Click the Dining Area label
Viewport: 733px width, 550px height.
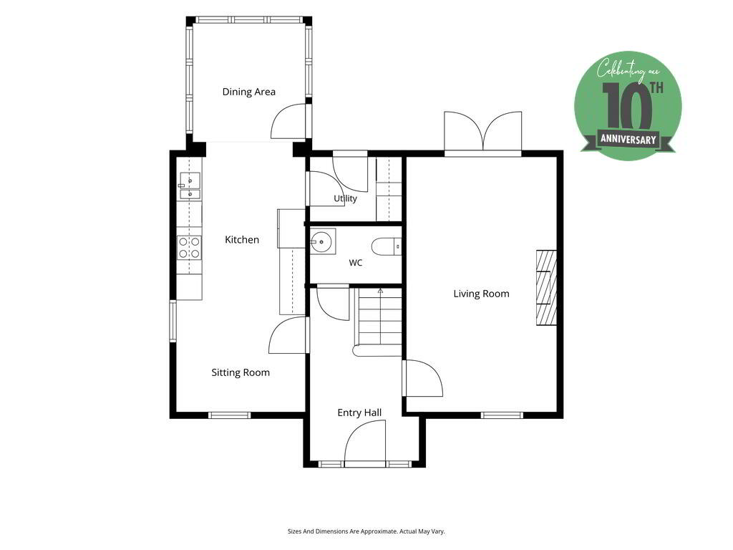[x=248, y=92]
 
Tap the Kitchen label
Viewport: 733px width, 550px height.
[x=242, y=239]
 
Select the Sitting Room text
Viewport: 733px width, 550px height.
[x=241, y=372]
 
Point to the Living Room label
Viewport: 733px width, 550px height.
[x=481, y=294]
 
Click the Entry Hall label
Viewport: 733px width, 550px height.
[x=359, y=412]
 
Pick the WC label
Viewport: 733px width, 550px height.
[x=355, y=263]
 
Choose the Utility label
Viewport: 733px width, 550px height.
[x=345, y=198]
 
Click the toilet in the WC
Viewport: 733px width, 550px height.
[x=386, y=246]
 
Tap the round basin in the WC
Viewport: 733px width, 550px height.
[x=322, y=241]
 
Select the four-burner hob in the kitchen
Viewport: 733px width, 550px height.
[x=189, y=248]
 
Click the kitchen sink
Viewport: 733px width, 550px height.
[x=190, y=185]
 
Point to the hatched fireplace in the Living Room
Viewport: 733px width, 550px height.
[x=546, y=288]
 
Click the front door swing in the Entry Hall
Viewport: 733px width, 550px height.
[x=365, y=443]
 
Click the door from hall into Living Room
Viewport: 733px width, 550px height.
[x=423, y=378]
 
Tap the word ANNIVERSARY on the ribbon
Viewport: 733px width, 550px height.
[x=628, y=140]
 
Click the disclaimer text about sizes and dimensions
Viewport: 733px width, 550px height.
[x=366, y=531]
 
